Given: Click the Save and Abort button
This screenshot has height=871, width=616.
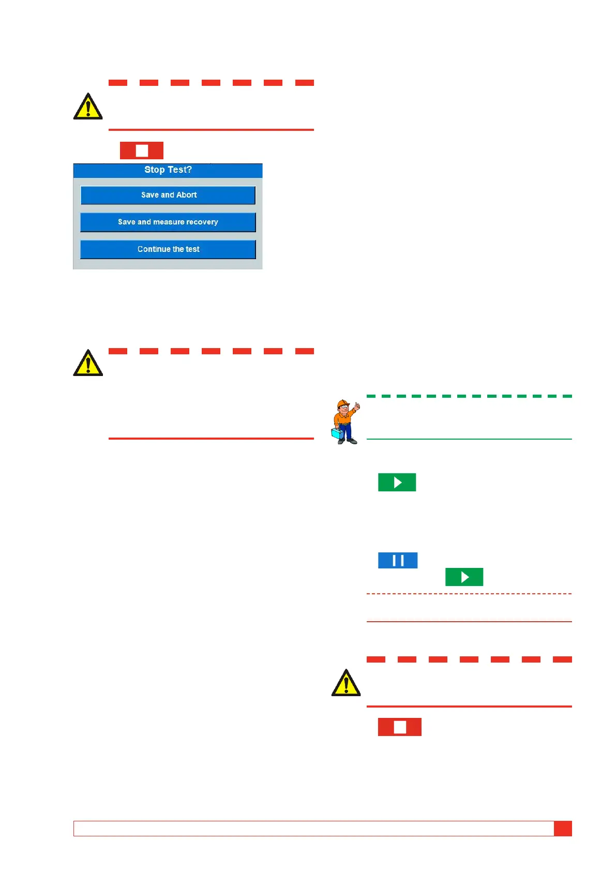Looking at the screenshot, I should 168,195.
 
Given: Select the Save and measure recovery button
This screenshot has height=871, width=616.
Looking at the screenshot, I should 168,222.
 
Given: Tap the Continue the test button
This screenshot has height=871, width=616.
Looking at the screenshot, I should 168,249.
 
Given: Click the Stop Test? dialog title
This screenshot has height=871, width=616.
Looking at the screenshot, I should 168,170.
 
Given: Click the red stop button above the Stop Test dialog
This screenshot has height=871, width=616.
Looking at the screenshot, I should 142,151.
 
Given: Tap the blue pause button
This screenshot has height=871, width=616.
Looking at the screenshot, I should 398,560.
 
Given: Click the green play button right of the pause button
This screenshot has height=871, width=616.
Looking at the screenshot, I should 464,577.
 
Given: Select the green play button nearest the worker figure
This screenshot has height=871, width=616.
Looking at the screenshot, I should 397,482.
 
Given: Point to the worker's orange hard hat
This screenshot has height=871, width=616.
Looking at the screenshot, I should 342,403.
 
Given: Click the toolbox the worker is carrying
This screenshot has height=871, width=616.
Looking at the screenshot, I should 337,433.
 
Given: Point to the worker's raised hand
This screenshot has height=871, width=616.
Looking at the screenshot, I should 357,407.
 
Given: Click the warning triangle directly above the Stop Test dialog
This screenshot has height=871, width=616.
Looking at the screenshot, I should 88,107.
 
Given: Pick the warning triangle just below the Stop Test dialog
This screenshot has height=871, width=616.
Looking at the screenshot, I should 88,363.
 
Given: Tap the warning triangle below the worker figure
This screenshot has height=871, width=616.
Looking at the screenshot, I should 346,683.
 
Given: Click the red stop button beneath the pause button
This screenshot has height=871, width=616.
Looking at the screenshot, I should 399,727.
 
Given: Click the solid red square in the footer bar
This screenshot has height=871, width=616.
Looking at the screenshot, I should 563,828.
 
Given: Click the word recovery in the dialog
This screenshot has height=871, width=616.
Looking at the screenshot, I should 202,222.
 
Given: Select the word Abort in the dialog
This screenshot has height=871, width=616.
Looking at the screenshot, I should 187,195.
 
